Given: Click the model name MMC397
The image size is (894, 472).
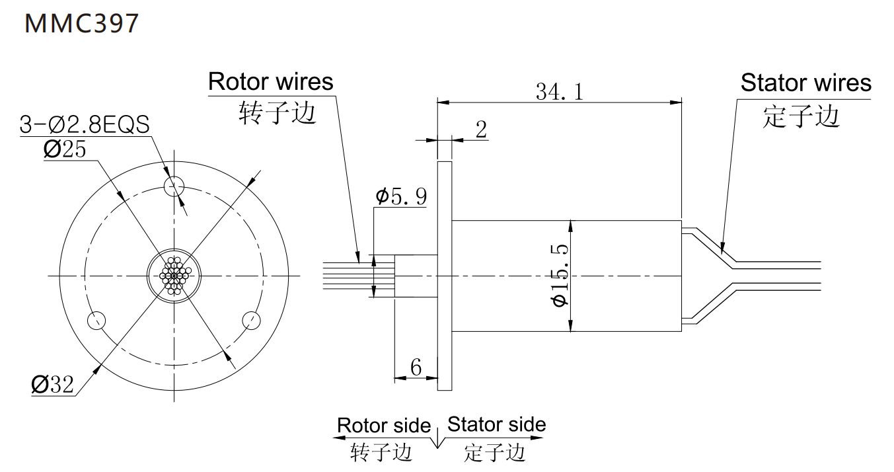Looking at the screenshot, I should point(82,23).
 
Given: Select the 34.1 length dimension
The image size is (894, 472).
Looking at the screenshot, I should point(559,92).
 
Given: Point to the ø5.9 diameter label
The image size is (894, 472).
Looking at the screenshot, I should point(401,196).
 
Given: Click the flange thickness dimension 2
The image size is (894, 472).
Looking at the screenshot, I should point(480,130).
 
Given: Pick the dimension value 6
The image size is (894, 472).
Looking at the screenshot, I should point(416,368).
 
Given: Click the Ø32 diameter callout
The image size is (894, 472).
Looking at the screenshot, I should point(53,384).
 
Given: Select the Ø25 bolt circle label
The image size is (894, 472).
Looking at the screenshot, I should point(65,149).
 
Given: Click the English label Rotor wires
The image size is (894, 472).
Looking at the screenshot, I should point(270,82).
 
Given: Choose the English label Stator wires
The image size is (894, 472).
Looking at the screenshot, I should point(805,83).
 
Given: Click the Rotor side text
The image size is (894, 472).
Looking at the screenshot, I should point(383,425).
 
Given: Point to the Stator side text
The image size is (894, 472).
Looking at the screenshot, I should point(497,424).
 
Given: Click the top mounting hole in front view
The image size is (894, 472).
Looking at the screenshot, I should point(175,184).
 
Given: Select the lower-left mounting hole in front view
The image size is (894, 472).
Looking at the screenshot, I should point(96,321).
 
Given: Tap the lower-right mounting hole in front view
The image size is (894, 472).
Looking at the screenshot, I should point(252,321).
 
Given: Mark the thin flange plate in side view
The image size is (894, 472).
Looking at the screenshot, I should point(445,274).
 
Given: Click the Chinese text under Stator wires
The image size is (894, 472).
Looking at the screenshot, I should point(801,117).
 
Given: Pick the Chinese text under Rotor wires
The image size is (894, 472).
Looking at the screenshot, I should point(277,114).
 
